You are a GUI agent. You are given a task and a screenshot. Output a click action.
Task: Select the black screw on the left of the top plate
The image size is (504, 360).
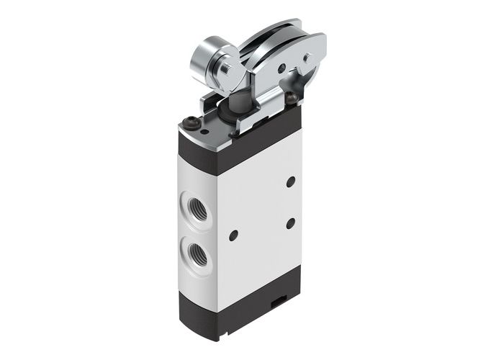pos(190,122)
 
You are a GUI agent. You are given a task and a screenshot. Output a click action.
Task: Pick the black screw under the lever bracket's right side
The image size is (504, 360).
pos(291,97)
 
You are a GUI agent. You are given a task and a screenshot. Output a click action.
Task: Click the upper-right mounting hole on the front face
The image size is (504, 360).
pos(290,182)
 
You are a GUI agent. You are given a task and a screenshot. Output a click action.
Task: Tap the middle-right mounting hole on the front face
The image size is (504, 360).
pos(290,224)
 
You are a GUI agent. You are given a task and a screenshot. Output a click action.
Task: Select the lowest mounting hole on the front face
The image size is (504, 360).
pos(233,235)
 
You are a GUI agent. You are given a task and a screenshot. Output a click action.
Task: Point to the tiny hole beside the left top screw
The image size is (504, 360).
pos(204,130)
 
